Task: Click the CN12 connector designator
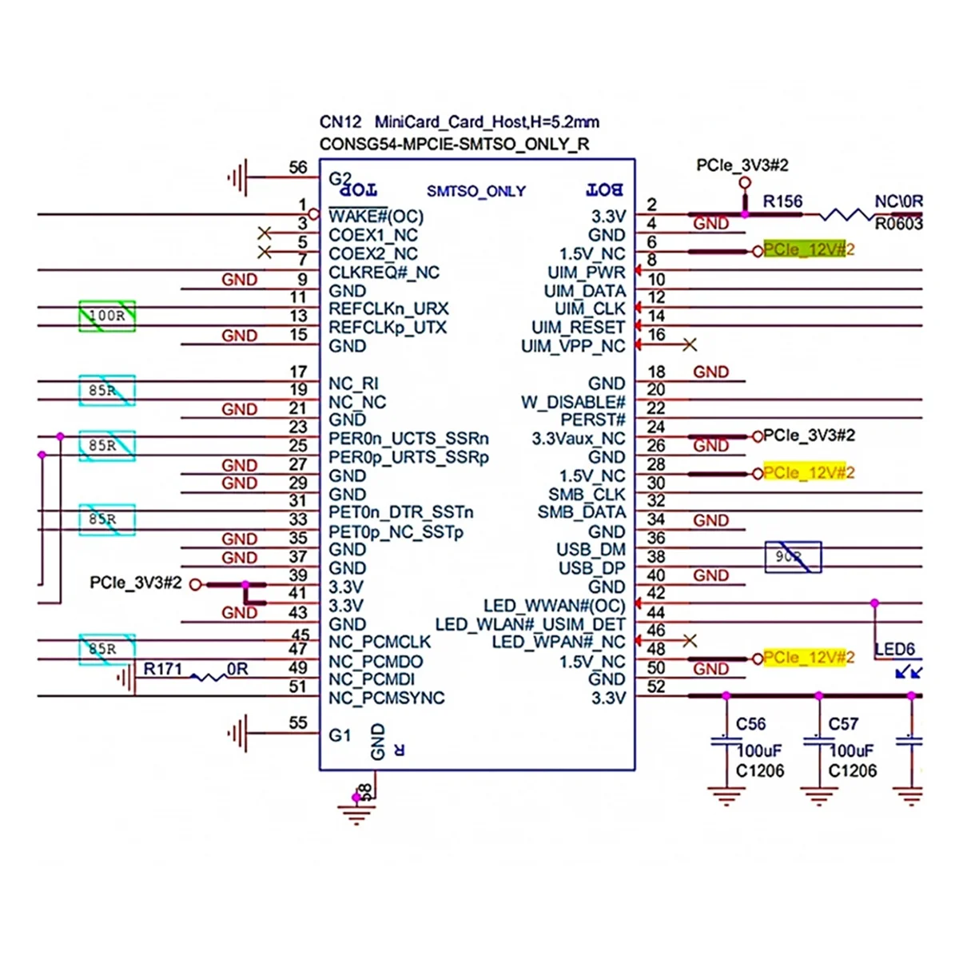tap(340, 122)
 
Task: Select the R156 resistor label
tap(782, 201)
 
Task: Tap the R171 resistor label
tap(163, 669)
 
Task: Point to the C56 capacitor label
tap(750, 724)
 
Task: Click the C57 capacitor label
tap(843, 724)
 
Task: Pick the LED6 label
tap(894, 650)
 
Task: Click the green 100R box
tap(107, 316)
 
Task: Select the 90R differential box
tap(793, 557)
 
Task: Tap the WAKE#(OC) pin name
tap(376, 217)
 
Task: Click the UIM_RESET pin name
tap(578, 328)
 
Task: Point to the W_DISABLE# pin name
tap(573, 402)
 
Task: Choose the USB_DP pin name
tap(591, 568)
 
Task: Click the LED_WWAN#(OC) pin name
tap(554, 606)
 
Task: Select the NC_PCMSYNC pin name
tap(386, 698)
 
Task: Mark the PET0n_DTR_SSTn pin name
tap(400, 512)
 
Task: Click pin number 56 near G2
tap(297, 168)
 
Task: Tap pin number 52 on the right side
tap(656, 686)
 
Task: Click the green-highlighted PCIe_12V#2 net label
tap(803, 250)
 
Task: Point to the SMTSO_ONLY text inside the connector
tap(476, 192)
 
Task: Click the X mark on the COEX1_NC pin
tap(265, 234)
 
